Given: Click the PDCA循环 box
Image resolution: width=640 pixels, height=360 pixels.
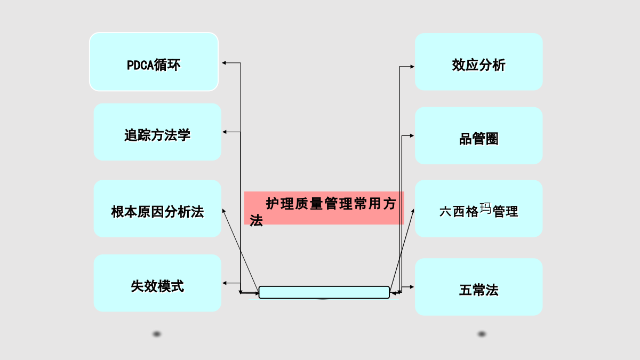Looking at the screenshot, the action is [x=154, y=62].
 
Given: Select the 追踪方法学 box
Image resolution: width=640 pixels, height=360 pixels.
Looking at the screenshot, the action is [x=157, y=132].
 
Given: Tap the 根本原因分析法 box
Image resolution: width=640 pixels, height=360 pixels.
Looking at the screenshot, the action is [x=157, y=209].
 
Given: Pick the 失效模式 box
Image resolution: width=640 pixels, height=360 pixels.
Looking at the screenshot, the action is [x=157, y=283].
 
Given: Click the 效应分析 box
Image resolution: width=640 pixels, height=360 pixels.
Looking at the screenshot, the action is [x=479, y=62].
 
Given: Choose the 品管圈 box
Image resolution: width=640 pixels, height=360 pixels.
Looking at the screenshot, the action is [x=479, y=135].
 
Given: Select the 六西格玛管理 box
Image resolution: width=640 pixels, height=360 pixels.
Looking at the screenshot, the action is [x=479, y=209].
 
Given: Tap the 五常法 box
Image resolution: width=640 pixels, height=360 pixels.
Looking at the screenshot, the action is [x=479, y=287].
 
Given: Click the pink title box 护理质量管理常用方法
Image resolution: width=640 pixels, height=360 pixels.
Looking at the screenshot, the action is [x=324, y=208].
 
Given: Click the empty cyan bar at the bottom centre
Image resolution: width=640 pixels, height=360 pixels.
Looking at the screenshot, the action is [x=324, y=292].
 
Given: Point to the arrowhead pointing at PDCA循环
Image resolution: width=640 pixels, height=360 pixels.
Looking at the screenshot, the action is [x=224, y=62].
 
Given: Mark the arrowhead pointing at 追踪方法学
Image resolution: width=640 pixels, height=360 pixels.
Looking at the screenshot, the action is [x=225, y=132].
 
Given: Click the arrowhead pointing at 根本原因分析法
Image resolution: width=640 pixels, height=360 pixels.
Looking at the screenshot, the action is [x=223, y=211].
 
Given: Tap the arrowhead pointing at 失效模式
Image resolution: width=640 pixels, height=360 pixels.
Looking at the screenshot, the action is [x=225, y=283].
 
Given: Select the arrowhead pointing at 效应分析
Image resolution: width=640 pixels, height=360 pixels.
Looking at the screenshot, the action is [x=412, y=67].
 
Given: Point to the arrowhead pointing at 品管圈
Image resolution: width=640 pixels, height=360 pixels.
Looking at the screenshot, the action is [x=412, y=135].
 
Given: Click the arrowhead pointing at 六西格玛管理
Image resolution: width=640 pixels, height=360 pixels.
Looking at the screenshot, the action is [x=413, y=211].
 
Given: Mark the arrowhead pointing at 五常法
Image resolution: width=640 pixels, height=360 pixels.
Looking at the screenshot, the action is [x=412, y=287].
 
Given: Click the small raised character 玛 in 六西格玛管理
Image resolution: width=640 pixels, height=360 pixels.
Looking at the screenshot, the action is [x=485, y=208].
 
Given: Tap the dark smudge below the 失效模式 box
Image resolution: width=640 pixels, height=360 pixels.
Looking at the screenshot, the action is [x=157, y=334].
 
